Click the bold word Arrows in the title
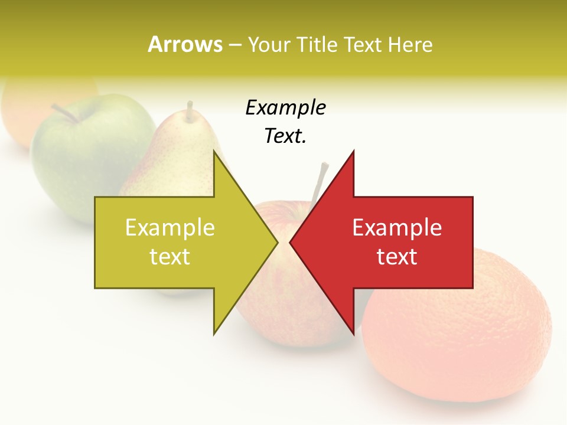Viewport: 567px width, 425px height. tap(185, 45)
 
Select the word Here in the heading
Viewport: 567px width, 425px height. tap(410, 45)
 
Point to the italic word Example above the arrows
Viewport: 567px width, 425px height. tap(285, 108)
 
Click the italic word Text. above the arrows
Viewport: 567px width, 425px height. tap(285, 136)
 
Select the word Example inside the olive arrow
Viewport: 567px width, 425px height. tap(170, 228)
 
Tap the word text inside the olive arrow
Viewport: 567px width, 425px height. tap(170, 257)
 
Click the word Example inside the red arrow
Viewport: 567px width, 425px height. tap(397, 228)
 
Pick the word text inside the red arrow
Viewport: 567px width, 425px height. tap(397, 257)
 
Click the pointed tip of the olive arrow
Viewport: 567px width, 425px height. tap(276, 243)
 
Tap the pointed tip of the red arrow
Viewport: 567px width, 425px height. tap(291, 243)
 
